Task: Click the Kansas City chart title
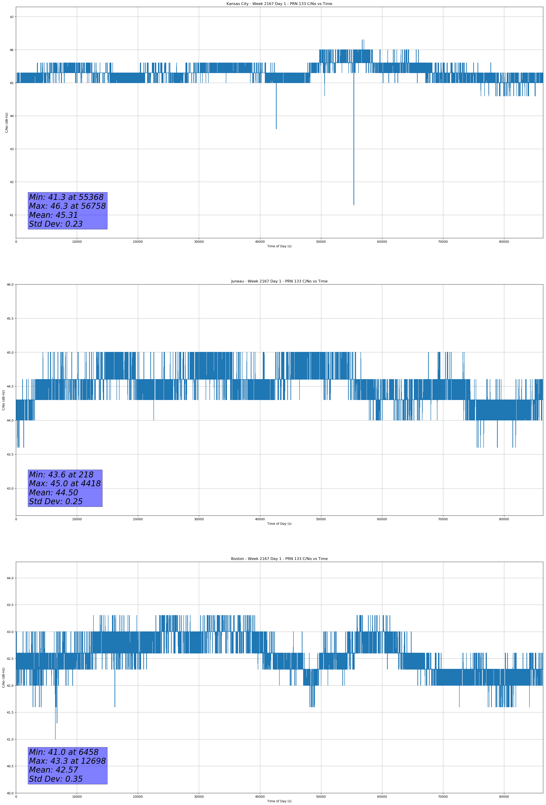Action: pos(279,4)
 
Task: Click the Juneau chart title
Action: pos(279,281)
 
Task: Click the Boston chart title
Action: pos(279,559)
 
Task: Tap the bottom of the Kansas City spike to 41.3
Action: pos(353,205)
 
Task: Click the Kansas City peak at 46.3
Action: pos(363,40)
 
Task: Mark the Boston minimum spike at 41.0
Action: pos(55,739)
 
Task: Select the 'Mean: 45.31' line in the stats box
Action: pos(53,215)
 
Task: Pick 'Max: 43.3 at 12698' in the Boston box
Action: pos(67,761)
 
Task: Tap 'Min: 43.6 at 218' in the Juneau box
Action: pos(61,475)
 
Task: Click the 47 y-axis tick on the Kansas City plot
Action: pos(11,17)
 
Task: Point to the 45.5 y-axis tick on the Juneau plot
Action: pos(10,318)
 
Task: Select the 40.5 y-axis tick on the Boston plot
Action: pos(10,766)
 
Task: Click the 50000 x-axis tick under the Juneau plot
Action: pos(321,519)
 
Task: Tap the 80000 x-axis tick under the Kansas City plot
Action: pos(504,242)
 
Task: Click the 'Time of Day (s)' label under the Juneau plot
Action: pos(279,524)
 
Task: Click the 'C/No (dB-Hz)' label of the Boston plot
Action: pos(3,677)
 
